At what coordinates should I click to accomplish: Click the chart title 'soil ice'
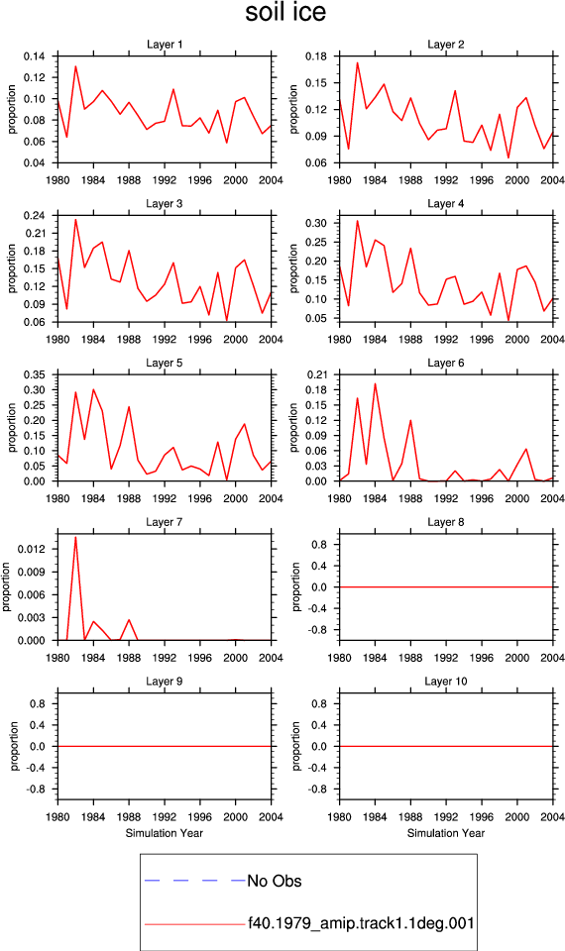285,13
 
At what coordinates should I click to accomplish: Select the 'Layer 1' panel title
165,45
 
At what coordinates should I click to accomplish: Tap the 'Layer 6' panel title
445,363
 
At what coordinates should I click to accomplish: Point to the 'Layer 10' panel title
445,682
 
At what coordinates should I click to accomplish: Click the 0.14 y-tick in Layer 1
35,56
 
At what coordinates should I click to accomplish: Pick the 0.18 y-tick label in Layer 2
316,56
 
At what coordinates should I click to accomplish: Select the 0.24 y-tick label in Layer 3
35,215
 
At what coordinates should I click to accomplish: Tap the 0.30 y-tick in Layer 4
316,223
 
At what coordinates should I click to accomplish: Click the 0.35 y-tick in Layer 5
35,374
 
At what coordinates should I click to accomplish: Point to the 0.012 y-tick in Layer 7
32,549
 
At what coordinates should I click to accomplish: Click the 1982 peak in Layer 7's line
76,536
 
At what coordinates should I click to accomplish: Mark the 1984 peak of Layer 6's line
375,383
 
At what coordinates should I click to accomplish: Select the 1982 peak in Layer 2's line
358,62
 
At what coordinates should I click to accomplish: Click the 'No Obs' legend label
275,881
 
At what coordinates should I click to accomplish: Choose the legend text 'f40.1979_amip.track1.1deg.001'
361,923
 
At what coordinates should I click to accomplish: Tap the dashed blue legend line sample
195,880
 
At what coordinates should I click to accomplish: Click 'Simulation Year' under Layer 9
165,833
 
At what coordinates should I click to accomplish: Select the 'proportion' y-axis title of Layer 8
296,586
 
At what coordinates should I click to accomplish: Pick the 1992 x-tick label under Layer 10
446,817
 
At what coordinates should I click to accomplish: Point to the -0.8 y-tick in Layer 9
37,790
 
